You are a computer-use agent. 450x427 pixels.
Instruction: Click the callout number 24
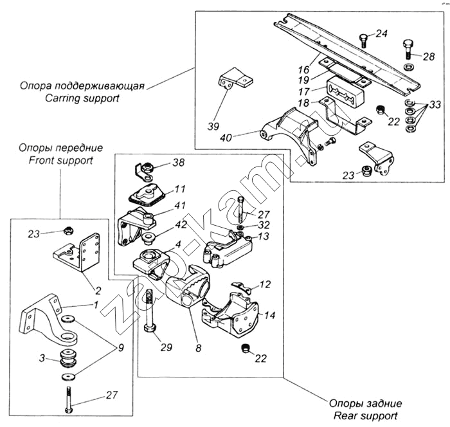click(381, 33)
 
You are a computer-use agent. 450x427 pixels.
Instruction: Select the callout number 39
click(213, 126)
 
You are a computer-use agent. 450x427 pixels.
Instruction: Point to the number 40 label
click(226, 138)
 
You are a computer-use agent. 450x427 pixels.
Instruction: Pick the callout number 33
click(435, 105)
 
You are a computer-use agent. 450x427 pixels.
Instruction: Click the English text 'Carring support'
click(82, 98)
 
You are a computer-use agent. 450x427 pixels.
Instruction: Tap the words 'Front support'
click(61, 160)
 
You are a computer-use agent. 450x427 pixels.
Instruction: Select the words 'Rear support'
click(366, 415)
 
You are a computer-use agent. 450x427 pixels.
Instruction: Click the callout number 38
click(178, 163)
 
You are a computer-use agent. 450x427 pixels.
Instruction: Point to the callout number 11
click(179, 189)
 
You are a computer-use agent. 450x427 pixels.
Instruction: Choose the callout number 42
click(181, 224)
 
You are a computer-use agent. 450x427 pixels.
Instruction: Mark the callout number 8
click(198, 349)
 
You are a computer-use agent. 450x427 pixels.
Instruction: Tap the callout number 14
click(269, 315)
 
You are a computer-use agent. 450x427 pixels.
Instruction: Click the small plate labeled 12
click(242, 287)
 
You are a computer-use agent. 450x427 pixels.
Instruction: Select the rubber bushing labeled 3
click(68, 358)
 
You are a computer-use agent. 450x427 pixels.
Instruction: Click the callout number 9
click(121, 348)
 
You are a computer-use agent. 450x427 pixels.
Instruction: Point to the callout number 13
click(263, 236)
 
